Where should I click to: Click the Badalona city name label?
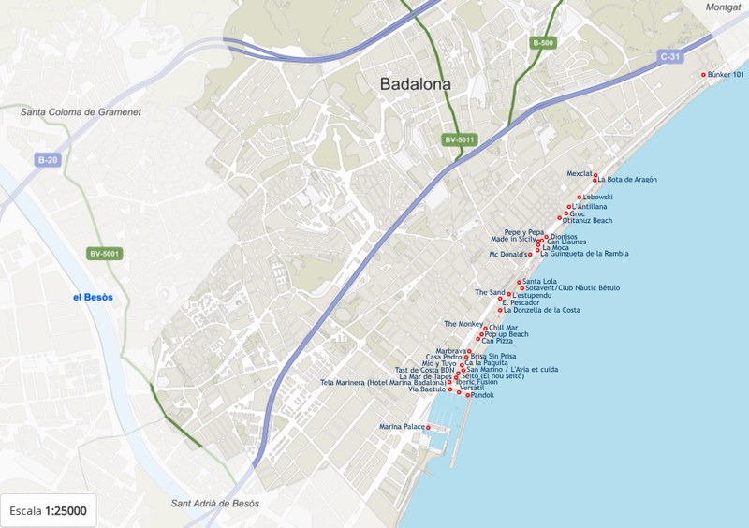415,84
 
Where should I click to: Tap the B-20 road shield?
48,160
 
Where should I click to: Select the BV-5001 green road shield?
105,254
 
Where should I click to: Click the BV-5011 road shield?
461,139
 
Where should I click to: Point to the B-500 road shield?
542,43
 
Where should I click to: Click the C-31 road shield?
670,56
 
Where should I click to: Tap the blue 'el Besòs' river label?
93,297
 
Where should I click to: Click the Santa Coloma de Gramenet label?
81,112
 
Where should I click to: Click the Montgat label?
724,7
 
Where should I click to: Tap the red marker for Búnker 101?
703,75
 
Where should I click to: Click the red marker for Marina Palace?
428,427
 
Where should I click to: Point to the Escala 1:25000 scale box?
48,510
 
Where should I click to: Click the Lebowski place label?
597,198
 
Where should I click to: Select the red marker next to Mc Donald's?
530,254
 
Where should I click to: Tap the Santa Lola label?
540,281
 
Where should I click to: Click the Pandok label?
482,396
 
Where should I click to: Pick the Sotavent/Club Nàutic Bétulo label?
573,288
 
